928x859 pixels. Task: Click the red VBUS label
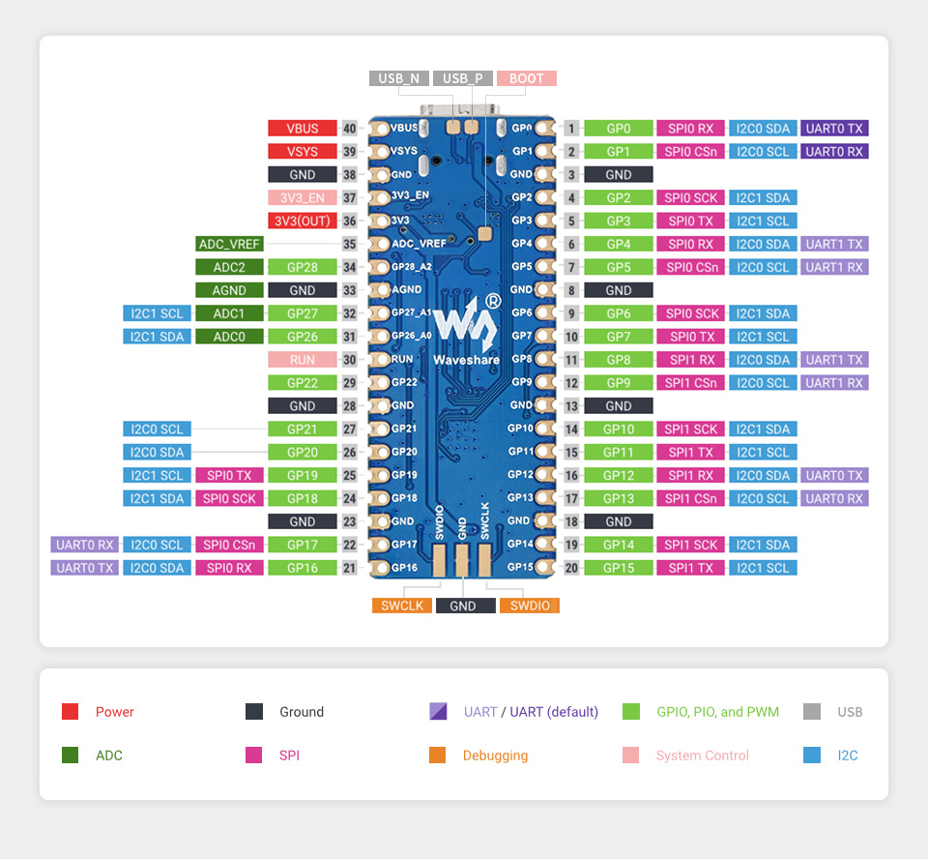[303, 128]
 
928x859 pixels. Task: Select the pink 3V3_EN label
[303, 197]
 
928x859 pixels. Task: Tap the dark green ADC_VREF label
[229, 244]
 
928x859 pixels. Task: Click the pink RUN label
[303, 359]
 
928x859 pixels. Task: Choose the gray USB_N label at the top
[398, 78]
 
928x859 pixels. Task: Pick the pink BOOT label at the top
[527, 78]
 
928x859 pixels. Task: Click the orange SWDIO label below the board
[529, 606]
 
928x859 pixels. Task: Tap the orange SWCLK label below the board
[401, 606]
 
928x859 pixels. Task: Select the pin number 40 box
[349, 128]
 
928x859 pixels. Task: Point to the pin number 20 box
[571, 568]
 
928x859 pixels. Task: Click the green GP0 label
[619, 128]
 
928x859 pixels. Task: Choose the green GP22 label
[303, 382]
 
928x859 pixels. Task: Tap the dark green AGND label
[229, 289]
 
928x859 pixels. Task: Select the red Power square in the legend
[70, 712]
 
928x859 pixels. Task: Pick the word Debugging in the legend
[495, 755]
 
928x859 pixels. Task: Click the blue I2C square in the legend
[812, 755]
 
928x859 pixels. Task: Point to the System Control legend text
[702, 755]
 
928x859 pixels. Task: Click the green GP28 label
[303, 267]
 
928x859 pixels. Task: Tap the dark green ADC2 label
[229, 267]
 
